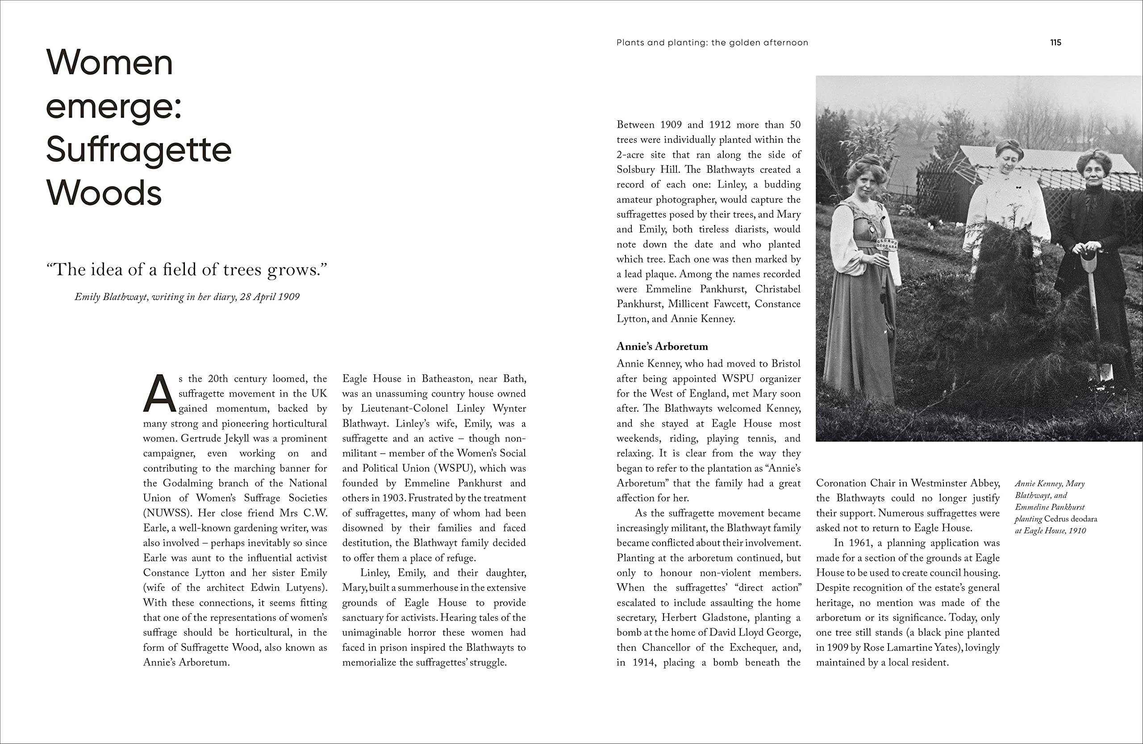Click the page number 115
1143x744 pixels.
[x=1055, y=43]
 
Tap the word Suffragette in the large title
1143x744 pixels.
[x=139, y=150]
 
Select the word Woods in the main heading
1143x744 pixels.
[x=104, y=193]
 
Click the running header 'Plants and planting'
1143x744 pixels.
[x=661, y=43]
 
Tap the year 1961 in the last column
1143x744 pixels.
[x=859, y=543]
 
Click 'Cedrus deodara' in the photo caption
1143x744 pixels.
[x=1071, y=519]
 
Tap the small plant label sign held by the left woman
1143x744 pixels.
[x=887, y=244]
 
